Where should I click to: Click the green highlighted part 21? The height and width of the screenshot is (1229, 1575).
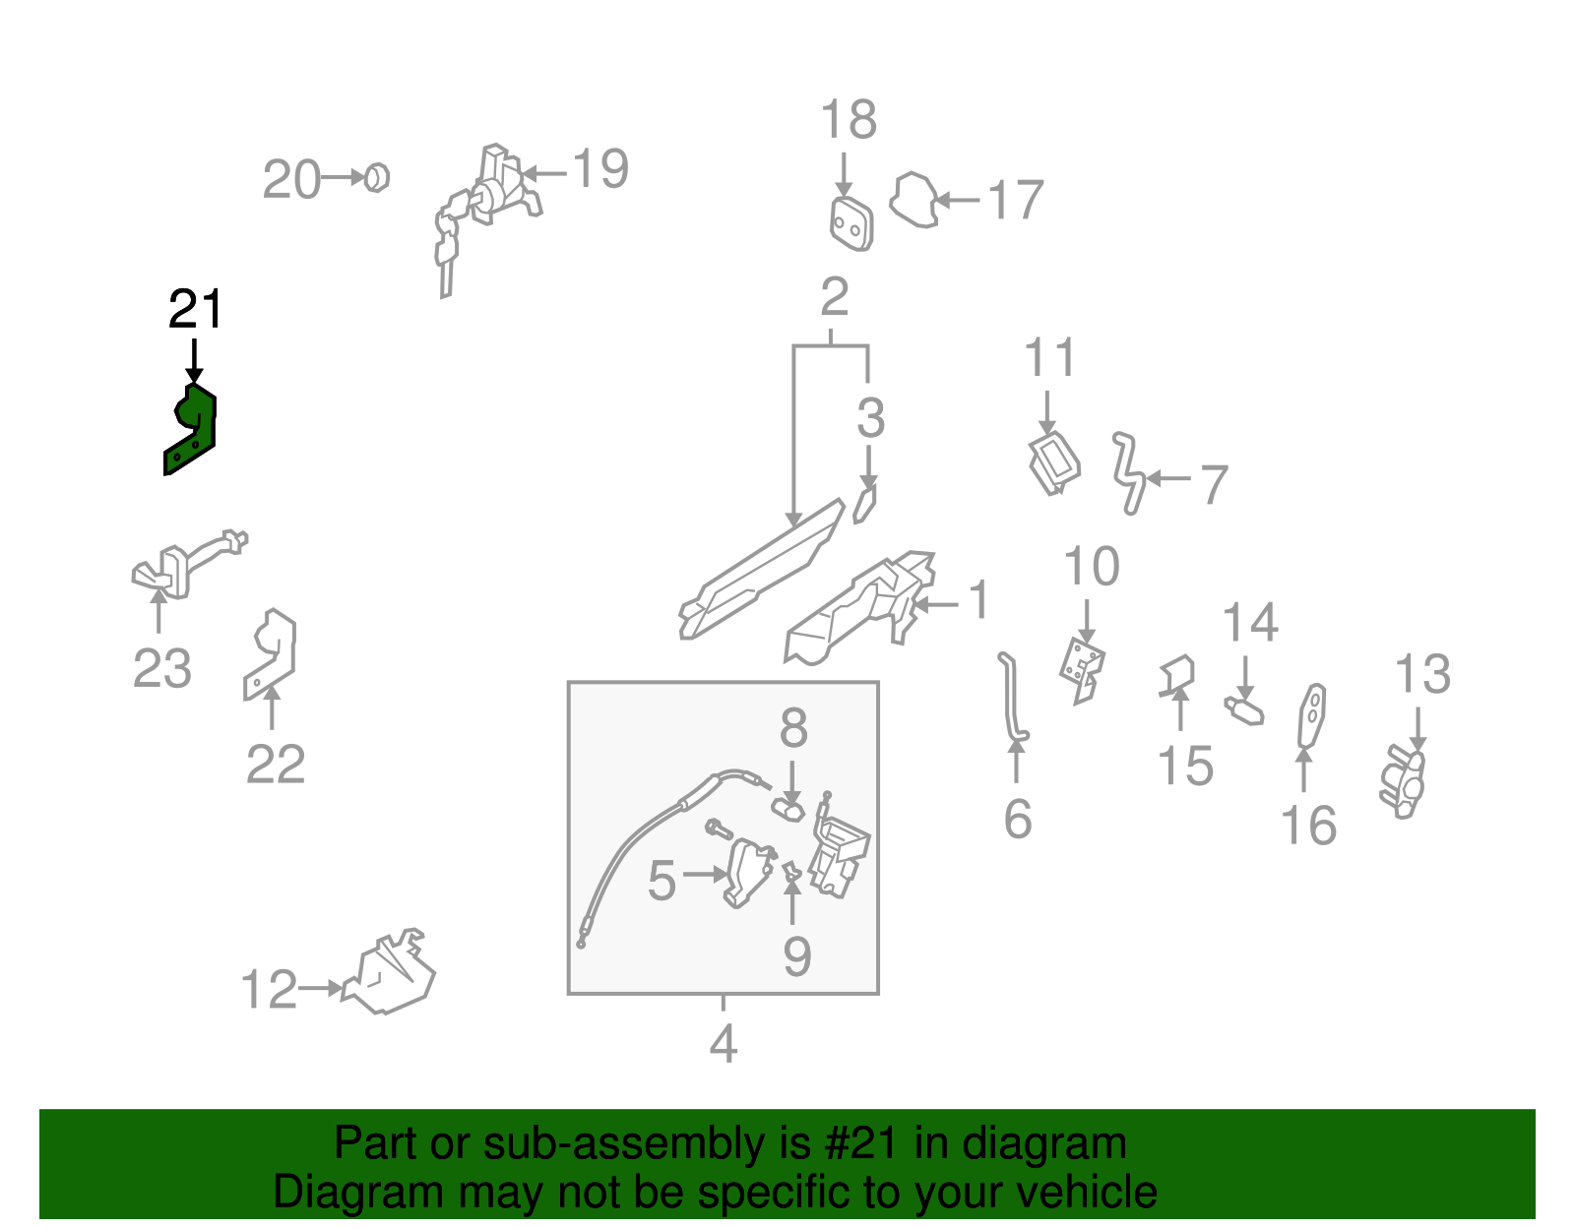(x=193, y=429)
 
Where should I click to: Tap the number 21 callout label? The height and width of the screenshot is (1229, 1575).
(x=196, y=309)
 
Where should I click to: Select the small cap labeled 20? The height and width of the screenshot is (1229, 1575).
(x=377, y=178)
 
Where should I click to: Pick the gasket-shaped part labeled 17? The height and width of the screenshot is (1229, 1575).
(x=913, y=201)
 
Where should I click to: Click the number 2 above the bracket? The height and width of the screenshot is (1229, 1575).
(x=834, y=296)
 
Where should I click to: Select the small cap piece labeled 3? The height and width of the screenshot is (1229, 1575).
(x=865, y=503)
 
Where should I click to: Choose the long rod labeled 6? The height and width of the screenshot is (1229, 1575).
(x=1011, y=699)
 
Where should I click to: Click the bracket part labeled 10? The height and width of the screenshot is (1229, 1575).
(x=1083, y=670)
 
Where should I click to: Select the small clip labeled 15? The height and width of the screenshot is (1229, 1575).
(x=1177, y=676)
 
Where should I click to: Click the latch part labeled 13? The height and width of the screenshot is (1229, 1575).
(x=1403, y=782)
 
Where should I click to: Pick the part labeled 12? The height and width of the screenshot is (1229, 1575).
(x=390, y=974)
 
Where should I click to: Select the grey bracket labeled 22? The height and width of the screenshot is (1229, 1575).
(x=271, y=653)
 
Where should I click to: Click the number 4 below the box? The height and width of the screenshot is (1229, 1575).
(x=723, y=1043)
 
